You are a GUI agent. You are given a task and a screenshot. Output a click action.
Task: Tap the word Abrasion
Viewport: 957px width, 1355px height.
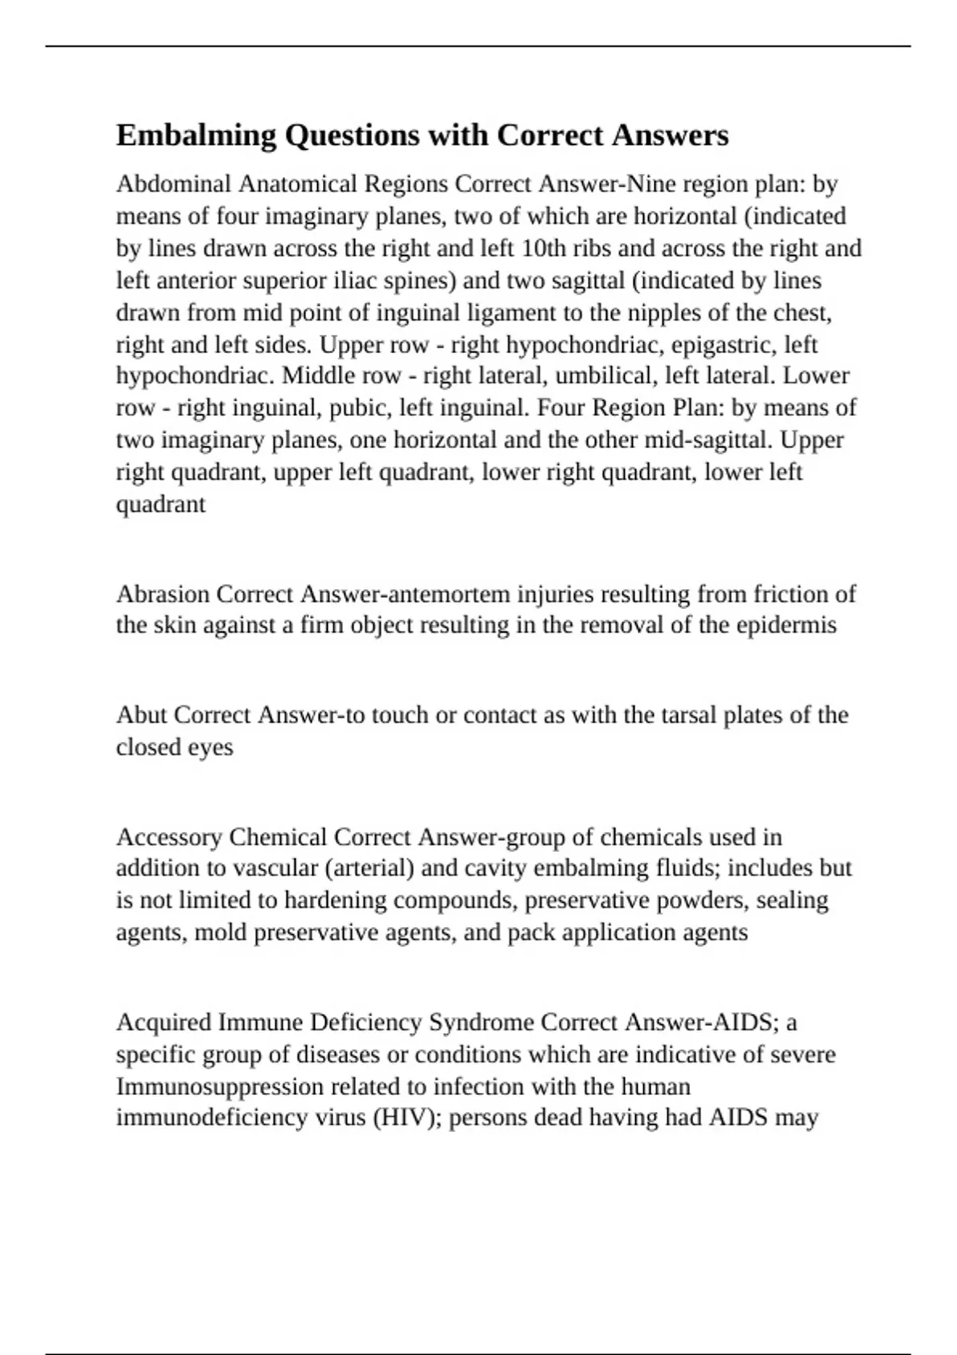[163, 594]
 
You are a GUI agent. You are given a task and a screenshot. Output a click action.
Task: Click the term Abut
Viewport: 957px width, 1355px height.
[141, 715]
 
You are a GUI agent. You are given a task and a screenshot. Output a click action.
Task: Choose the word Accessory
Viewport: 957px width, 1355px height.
[168, 837]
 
